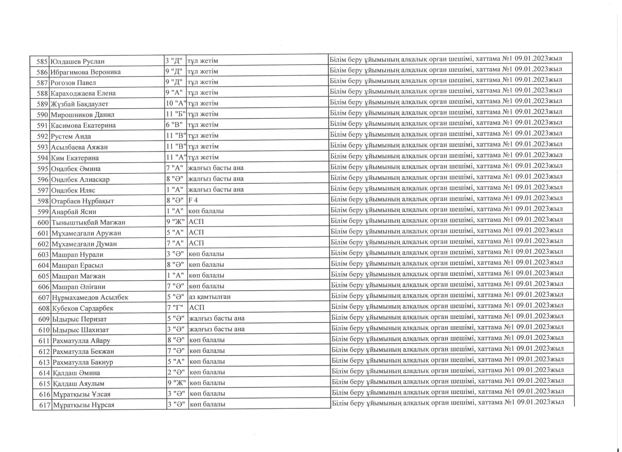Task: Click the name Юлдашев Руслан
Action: point(78,61)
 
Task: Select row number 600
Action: point(43,222)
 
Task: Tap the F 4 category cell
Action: point(193,200)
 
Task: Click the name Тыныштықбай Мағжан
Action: point(88,222)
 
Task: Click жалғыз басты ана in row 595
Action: point(216,168)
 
